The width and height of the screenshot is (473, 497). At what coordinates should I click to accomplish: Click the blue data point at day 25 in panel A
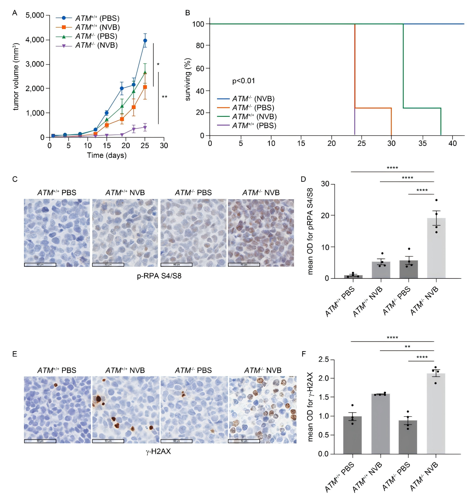coord(145,40)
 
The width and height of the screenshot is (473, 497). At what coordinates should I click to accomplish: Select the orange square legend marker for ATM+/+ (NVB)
coord(64,27)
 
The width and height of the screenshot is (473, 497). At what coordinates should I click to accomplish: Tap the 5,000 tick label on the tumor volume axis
coord(35,15)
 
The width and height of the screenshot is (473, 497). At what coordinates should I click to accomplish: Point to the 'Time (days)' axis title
coord(106,155)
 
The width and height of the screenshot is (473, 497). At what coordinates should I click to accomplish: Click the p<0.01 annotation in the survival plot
coord(244,81)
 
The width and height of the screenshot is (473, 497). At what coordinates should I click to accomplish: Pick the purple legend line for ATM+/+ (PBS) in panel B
coord(223,125)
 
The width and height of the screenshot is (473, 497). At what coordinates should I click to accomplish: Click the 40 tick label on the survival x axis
coord(452,143)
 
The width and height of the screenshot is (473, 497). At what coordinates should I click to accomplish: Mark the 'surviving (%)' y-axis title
coord(188,79)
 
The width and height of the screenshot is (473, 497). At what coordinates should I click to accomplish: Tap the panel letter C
coord(15,179)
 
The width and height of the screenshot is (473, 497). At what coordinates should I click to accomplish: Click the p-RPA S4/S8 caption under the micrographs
coord(159,276)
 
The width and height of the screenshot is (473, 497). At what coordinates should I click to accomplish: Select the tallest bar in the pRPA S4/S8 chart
coord(436,248)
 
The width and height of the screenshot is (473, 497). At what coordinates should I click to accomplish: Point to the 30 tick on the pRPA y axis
coord(325,184)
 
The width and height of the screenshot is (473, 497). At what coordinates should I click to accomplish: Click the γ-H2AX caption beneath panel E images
coord(158,451)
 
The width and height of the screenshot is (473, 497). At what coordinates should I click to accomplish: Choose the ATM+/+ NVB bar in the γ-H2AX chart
coord(380,424)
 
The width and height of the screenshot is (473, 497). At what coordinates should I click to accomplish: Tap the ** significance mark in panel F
coord(407,347)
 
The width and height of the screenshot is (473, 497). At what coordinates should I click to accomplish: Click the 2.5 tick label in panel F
coord(324,360)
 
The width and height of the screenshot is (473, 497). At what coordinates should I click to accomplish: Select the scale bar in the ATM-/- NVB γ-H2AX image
coord(244,441)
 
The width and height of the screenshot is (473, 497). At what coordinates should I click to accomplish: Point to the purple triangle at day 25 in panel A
coord(145,128)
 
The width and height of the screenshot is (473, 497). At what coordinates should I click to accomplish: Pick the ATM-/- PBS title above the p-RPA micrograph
coord(193,193)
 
